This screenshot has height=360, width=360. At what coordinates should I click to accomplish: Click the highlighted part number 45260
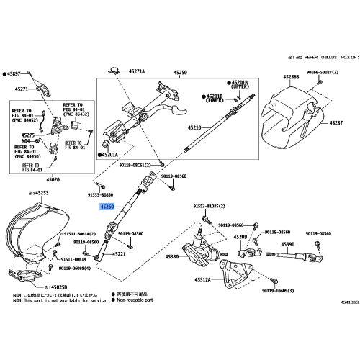click(x=107, y=206)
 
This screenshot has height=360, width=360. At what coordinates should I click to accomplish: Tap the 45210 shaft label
click(x=195, y=127)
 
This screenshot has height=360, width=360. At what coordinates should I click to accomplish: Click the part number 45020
click(x=53, y=179)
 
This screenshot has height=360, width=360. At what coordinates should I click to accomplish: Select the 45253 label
click(x=40, y=193)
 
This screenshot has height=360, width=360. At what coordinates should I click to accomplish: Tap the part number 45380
click(x=172, y=256)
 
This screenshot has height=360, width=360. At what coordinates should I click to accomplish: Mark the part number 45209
click(x=240, y=237)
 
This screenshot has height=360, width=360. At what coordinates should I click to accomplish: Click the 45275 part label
click(x=27, y=135)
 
